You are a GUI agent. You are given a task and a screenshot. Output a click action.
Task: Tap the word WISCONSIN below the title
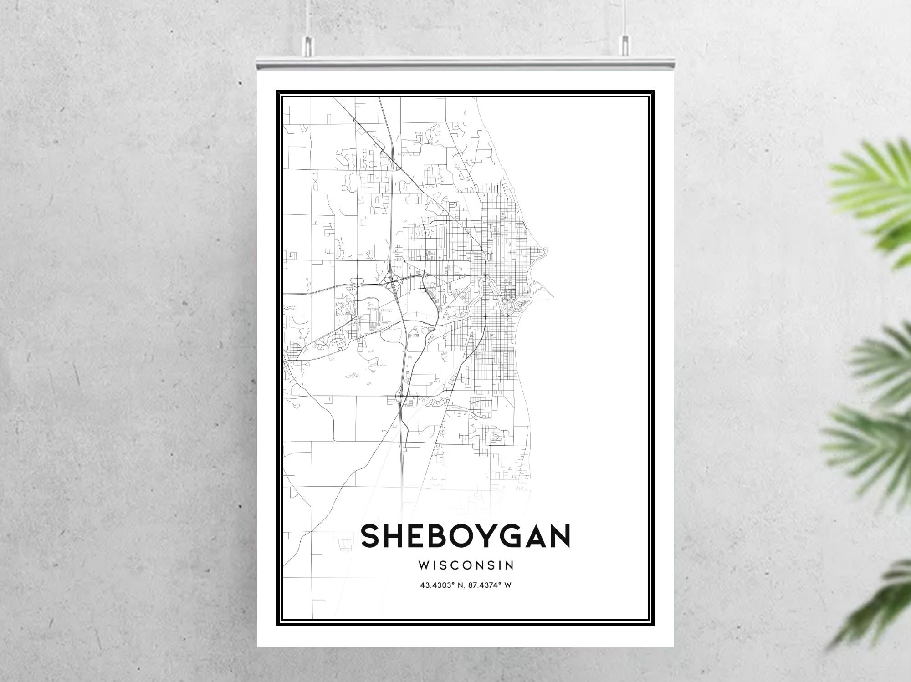(466, 565)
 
